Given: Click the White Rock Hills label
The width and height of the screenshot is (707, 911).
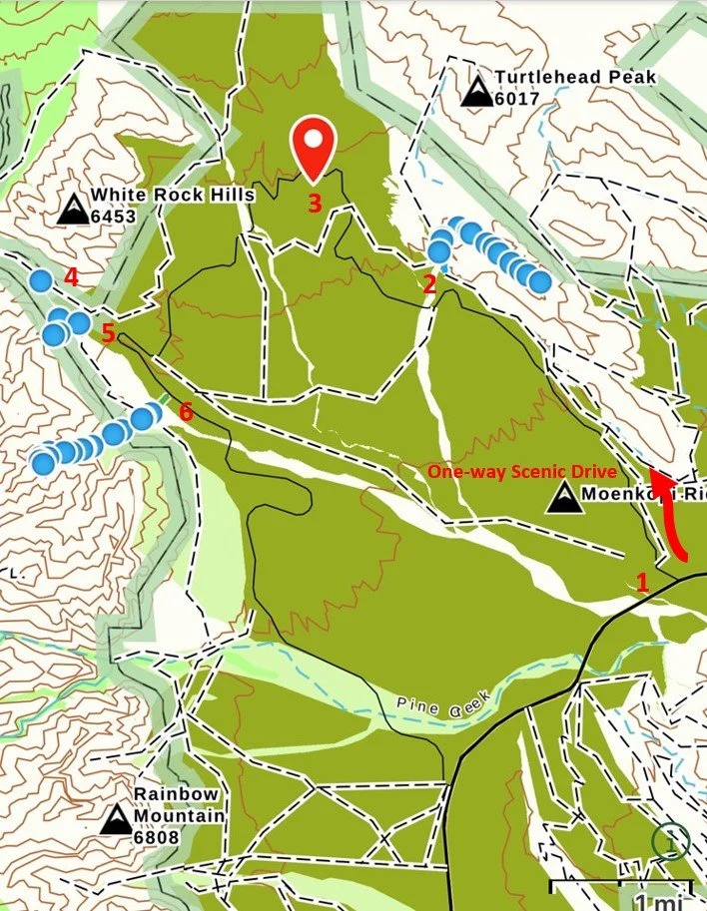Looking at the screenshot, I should pos(172,196).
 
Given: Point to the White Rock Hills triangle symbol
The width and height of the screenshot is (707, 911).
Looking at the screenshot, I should pos(72,210).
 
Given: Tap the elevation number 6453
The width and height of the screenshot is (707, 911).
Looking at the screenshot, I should pos(112,216).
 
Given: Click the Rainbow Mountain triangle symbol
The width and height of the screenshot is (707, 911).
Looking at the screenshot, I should pos(116,820).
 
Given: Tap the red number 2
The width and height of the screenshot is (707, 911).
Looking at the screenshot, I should pos(429,284).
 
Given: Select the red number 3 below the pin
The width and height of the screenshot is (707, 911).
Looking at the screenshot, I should pos(315,204).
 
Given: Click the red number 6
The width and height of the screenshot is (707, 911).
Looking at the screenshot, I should pos(184,410).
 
